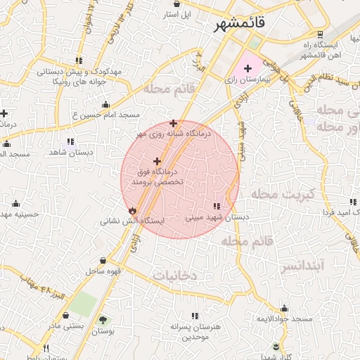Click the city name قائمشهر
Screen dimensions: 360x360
240,23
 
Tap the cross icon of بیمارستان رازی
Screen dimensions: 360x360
247,68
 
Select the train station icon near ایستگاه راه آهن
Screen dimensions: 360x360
321,34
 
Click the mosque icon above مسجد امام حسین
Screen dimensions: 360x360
106,105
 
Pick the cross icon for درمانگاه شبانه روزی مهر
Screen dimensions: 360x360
173,123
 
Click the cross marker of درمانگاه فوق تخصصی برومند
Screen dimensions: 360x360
157,162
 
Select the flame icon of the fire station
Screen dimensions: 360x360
133,210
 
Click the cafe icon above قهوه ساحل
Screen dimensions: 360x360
103,260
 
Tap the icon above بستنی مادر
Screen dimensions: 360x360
66,316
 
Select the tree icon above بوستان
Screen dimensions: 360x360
104,319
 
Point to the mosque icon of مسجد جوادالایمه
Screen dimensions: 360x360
284,308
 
